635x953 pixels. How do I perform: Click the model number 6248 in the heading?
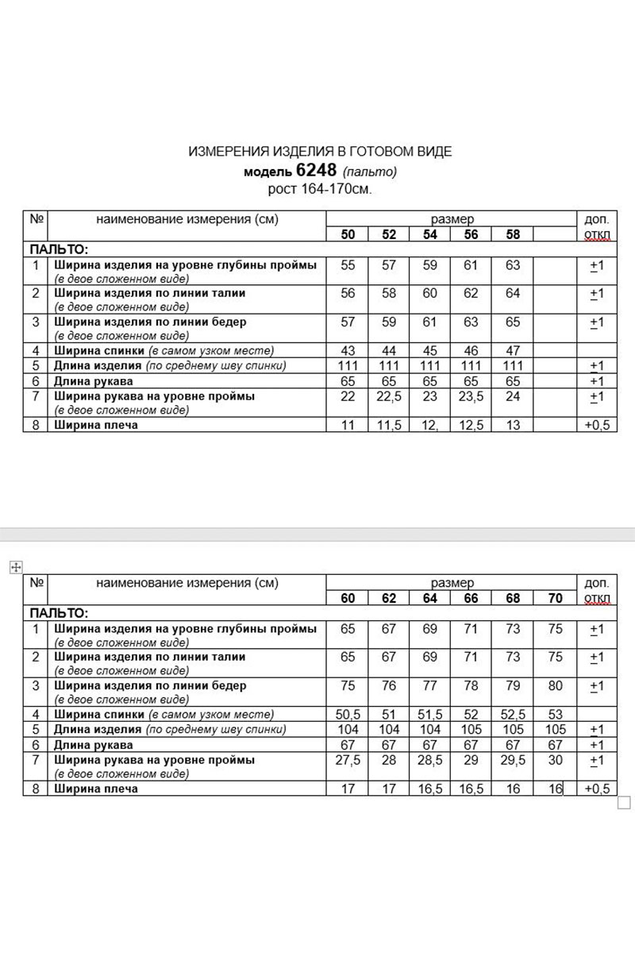[x=316, y=170]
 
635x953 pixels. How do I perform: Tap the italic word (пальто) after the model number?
[x=370, y=171]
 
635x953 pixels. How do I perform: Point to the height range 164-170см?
[x=320, y=189]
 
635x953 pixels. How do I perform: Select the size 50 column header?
[x=348, y=234]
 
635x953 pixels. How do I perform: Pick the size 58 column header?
[x=513, y=234]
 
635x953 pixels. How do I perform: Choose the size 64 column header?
[x=429, y=598]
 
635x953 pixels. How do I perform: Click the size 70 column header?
[x=555, y=598]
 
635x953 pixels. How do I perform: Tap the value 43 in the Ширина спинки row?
[x=348, y=350]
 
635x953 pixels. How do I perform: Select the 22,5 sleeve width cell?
[x=389, y=396]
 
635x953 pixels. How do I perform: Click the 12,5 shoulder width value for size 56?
[x=471, y=425]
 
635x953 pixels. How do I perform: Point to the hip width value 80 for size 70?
[x=555, y=685]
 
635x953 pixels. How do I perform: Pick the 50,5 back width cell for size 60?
[x=348, y=715]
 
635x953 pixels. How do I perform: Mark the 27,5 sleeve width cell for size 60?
[x=348, y=760]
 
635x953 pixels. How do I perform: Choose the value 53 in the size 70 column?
[x=555, y=715]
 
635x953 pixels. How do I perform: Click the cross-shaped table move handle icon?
[x=13, y=566]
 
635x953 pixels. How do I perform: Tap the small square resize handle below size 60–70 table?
[x=623, y=802]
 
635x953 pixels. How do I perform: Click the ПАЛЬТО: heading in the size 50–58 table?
[x=60, y=249]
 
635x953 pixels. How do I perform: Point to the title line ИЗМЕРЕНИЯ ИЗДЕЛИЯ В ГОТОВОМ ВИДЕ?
[x=320, y=152]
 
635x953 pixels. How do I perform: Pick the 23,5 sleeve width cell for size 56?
[x=471, y=396]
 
